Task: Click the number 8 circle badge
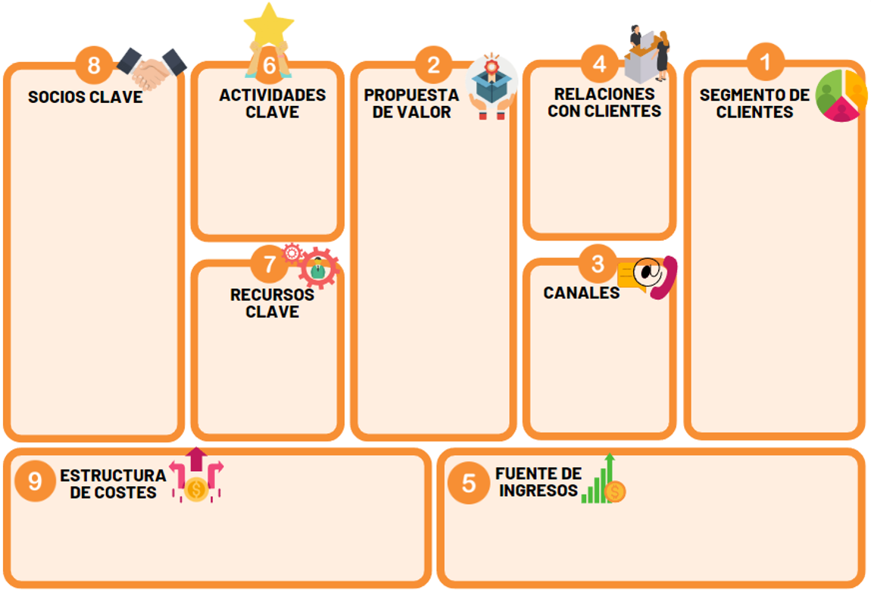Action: tap(94, 65)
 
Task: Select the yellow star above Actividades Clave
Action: tap(269, 26)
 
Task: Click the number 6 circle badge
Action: tap(270, 65)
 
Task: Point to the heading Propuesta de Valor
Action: tap(411, 104)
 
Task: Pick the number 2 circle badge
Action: tap(433, 65)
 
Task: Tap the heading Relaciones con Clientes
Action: tap(604, 103)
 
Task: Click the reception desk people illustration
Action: tap(648, 54)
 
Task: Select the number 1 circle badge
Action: tap(766, 61)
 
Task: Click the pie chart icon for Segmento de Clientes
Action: tap(841, 95)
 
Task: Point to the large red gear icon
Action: tap(318, 268)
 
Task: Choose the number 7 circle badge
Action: tap(270, 264)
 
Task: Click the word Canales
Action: tap(582, 292)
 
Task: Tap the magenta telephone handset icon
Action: tap(664, 278)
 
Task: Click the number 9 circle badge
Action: tap(35, 481)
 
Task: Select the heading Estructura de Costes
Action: tap(114, 484)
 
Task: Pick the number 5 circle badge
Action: tap(468, 483)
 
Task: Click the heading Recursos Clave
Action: tap(272, 303)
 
